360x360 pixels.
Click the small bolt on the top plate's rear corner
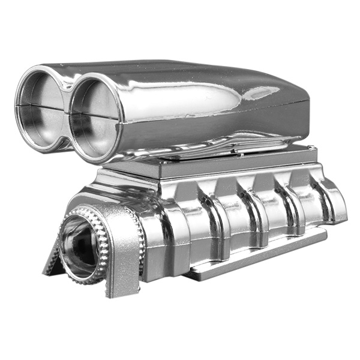pyautogui.click(x=310, y=147)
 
